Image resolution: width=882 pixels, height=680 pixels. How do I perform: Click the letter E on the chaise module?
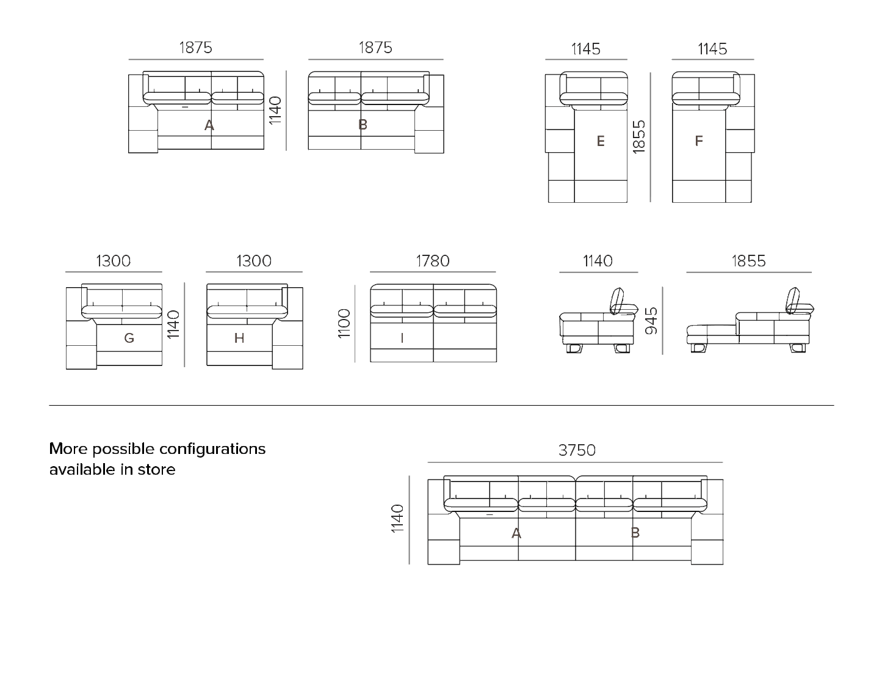pos(601,141)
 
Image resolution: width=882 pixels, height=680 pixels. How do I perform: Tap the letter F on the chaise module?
pos(699,141)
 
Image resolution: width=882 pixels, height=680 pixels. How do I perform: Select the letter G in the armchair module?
pos(129,337)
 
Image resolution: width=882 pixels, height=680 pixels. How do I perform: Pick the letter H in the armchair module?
pos(239,337)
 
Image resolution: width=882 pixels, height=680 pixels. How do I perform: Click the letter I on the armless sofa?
pos(402,338)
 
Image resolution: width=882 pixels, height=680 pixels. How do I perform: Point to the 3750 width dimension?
pos(577,450)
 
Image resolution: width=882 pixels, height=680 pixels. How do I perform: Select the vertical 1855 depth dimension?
pos(639,137)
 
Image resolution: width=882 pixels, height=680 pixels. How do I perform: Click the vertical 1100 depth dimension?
pos(345,324)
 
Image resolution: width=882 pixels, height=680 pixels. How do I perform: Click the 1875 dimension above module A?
pos(195,48)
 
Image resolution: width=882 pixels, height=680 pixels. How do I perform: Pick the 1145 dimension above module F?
pos(713,49)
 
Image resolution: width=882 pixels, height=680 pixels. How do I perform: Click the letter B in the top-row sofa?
pos(363,125)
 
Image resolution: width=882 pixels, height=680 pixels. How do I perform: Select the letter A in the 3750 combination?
pos(516,533)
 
